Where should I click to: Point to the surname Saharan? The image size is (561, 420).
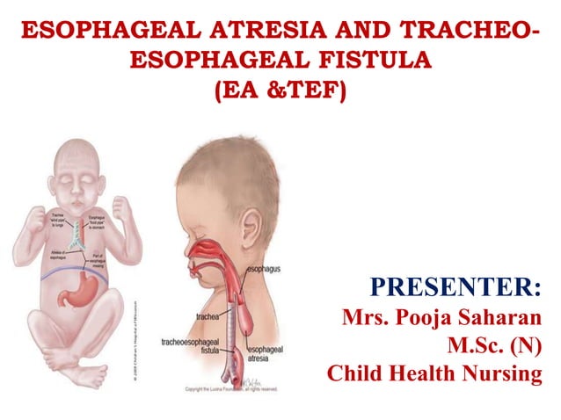tap(502, 316)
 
